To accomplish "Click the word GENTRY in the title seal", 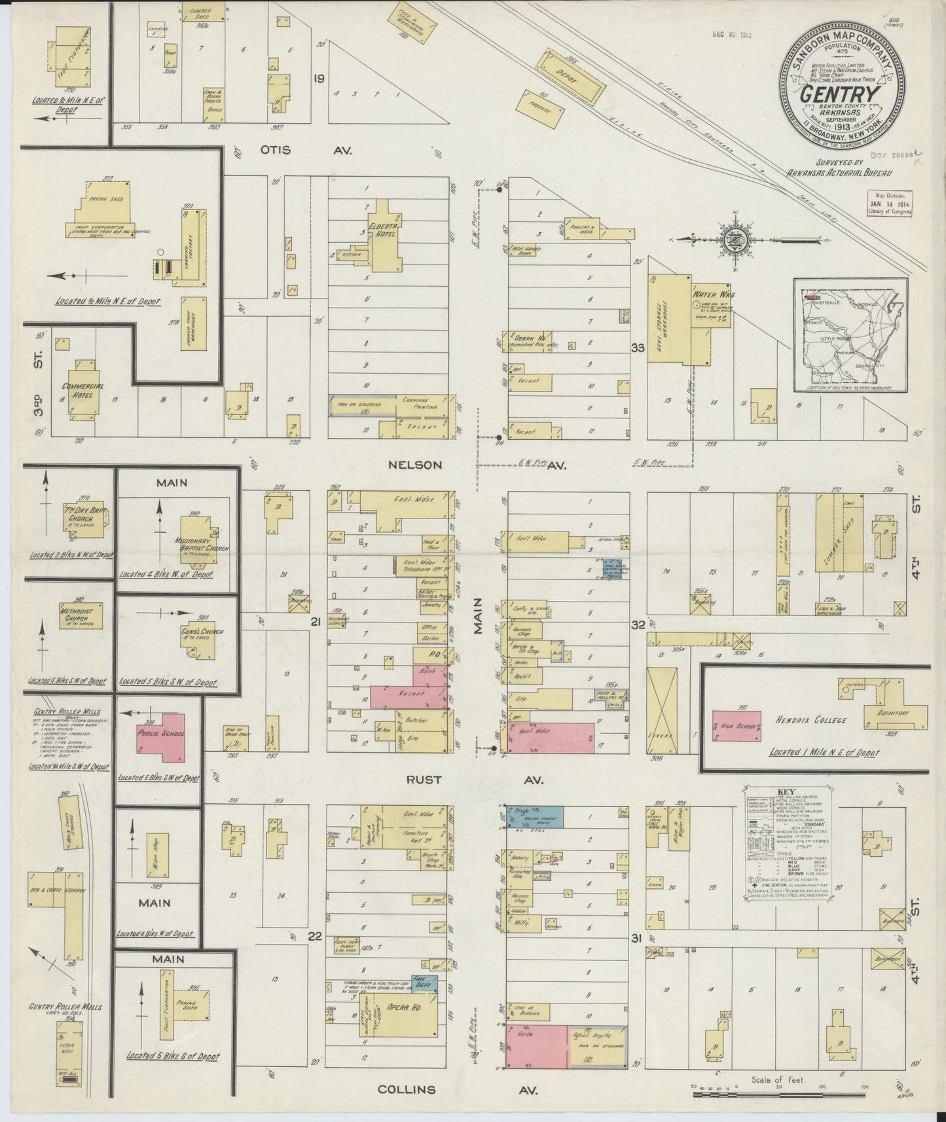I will tap(841, 93).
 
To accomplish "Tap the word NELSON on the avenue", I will tap(414, 465).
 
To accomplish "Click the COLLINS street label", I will tap(406, 1089).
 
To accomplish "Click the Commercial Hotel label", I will tap(82, 391).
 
